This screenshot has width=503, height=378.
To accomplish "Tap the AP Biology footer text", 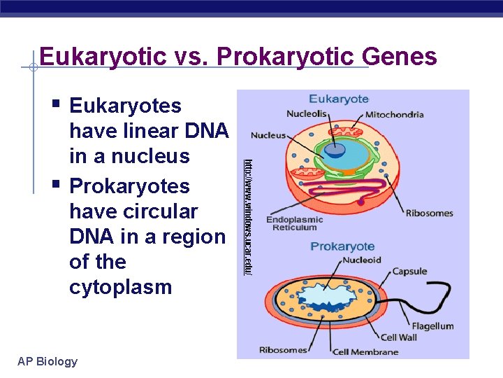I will [x=48, y=361].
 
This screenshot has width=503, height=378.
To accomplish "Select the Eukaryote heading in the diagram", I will [x=339, y=99].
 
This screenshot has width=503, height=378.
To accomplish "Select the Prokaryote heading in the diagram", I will [x=342, y=246].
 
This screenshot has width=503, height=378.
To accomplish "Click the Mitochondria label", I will [x=395, y=115].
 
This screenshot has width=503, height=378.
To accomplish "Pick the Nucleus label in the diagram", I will [x=268, y=135].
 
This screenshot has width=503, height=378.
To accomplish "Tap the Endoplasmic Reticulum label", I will [x=294, y=223].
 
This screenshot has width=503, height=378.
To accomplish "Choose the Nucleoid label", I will [x=362, y=260].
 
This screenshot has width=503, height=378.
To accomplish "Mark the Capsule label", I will [x=409, y=272].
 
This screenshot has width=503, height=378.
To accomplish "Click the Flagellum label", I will [x=432, y=326].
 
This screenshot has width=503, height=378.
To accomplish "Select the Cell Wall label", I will [x=399, y=338].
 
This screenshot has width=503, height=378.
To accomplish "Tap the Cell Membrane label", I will [x=365, y=351].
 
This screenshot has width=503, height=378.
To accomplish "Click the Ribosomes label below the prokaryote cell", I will [x=283, y=349].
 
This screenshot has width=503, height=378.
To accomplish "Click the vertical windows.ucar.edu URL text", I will [x=247, y=217].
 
